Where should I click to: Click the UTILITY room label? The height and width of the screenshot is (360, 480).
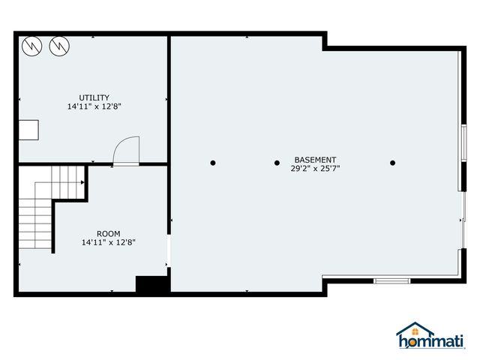[94, 97]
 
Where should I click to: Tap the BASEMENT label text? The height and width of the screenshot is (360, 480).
[315, 160]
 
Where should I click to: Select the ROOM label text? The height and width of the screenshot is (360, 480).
[108, 234]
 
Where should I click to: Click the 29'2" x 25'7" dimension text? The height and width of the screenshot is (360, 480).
[315, 169]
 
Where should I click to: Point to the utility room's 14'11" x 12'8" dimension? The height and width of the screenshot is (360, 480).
[94, 106]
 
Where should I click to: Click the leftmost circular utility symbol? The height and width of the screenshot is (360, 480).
[31, 47]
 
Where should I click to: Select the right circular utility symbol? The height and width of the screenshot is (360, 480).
[58, 47]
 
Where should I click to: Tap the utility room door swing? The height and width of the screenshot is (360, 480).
[126, 150]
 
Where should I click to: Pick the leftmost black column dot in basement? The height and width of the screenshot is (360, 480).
[213, 162]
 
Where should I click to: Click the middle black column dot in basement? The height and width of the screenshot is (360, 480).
[277, 162]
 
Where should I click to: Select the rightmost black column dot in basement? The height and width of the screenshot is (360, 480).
[392, 162]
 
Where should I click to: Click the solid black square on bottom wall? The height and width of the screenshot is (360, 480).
[151, 286]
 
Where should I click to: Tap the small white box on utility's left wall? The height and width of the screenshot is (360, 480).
[29, 130]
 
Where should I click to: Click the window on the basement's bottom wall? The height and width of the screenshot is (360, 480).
[391, 280]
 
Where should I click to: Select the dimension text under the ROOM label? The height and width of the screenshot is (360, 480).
[108, 242]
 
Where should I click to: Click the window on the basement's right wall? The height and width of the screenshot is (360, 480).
[463, 142]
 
